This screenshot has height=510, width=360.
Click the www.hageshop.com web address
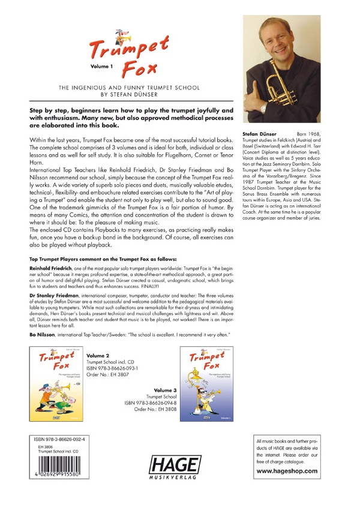295,471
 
